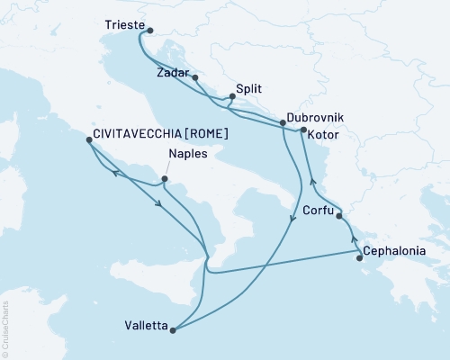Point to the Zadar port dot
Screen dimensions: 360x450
click(x=194, y=78)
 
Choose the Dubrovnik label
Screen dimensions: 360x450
click(x=313, y=117)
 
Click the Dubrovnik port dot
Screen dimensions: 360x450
click(x=285, y=127)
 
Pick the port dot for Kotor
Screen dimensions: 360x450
click(x=303, y=132)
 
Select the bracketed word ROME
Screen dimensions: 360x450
click(x=203, y=134)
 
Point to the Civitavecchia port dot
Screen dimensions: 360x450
click(x=89, y=143)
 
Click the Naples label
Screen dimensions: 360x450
click(x=188, y=154)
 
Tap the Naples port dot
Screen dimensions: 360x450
click(x=165, y=178)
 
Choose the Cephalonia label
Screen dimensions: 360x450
click(x=396, y=253)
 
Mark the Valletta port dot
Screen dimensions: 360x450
click(x=173, y=329)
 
